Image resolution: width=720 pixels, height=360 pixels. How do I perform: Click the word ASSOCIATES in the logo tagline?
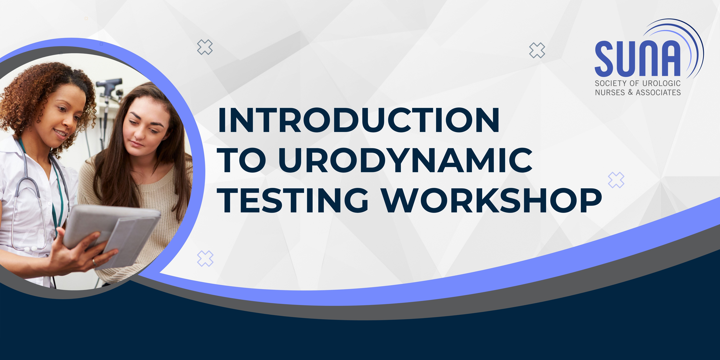(x=658, y=92)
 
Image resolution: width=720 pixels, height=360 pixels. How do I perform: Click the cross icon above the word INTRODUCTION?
(x=205, y=47)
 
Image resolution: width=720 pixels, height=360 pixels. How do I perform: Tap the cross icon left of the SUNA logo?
(x=537, y=50)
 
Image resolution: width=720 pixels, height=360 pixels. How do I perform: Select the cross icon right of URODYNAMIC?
(x=616, y=180)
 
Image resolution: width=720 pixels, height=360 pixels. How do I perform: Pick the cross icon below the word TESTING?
(x=205, y=258)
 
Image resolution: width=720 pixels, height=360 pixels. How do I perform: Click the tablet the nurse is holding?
(x=112, y=233)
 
